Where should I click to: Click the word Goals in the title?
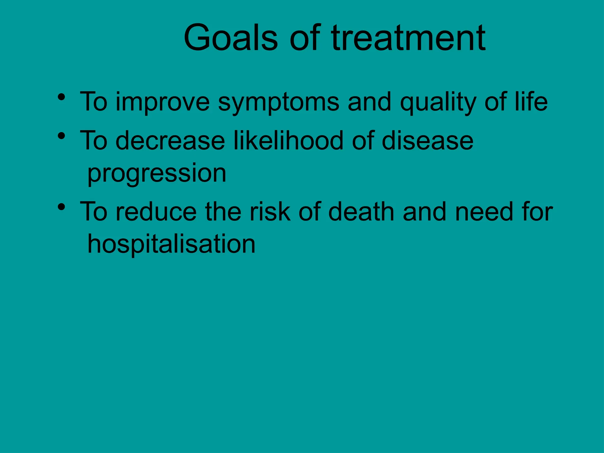point(231,38)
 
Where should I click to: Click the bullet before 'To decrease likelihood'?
point(61,136)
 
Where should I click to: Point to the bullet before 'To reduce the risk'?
point(61,207)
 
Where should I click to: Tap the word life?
point(531,101)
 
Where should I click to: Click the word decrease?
point(170,141)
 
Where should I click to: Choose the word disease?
point(428,141)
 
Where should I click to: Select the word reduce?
point(156,212)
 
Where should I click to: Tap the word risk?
point(270,212)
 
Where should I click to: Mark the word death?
point(361,212)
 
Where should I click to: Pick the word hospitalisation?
point(171,244)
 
